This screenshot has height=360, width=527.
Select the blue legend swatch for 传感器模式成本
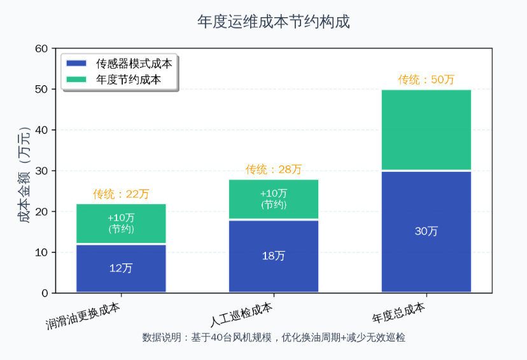pyautogui.click(x=76, y=64)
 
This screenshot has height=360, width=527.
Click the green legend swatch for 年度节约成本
pyautogui.click(x=76, y=80)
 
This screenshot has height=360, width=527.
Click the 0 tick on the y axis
pyautogui.click(x=45, y=293)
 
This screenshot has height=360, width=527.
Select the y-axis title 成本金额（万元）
pyautogui.click(x=24, y=171)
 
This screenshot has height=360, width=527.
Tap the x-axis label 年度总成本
pyautogui.click(x=399, y=312)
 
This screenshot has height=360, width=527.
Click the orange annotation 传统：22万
pyautogui.click(x=121, y=193)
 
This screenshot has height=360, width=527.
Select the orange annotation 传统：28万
pyautogui.click(x=274, y=169)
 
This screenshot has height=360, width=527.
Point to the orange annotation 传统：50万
pyautogui.click(x=426, y=80)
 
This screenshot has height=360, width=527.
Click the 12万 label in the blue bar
pyautogui.click(x=121, y=268)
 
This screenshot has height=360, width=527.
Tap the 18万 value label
pyautogui.click(x=274, y=256)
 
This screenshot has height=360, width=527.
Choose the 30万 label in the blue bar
pyautogui.click(x=426, y=232)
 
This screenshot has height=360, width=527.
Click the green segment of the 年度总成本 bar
pyautogui.click(x=426, y=130)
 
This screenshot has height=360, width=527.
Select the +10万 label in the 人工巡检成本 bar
pyautogui.click(x=274, y=193)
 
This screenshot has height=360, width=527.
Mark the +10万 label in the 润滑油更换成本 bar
pyautogui.click(x=121, y=218)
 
